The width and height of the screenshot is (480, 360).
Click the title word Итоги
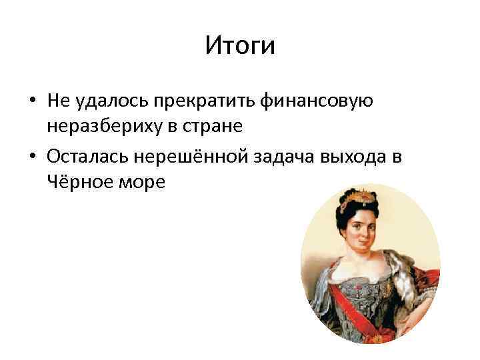(239, 46)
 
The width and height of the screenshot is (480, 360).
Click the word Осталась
(81, 157)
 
